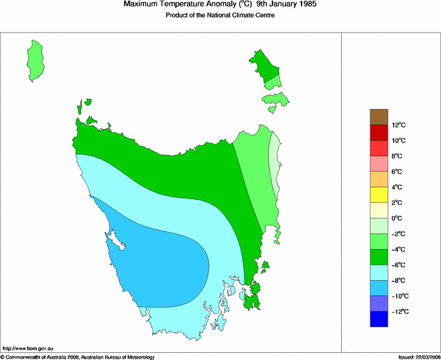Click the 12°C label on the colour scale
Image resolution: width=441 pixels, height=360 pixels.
click(x=398, y=125)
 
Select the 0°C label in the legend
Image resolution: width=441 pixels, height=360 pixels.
click(x=398, y=219)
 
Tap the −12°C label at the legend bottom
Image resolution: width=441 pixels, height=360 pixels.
click(x=398, y=312)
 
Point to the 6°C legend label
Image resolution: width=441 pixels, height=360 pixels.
click(x=398, y=172)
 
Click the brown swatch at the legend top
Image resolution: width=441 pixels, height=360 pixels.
click(x=379, y=117)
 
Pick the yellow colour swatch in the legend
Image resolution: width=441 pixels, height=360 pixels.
click(x=379, y=195)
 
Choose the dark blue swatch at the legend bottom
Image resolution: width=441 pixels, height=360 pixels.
click(x=379, y=319)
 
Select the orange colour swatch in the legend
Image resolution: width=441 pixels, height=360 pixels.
click(x=379, y=179)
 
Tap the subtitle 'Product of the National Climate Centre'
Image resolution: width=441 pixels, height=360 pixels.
click(x=220, y=16)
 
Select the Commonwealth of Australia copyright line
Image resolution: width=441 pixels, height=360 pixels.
click(x=78, y=356)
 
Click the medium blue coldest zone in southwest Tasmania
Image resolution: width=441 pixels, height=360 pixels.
click(x=162, y=256)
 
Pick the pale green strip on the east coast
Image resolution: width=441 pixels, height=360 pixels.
click(x=274, y=165)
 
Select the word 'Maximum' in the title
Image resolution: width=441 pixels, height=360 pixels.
click(x=141, y=5)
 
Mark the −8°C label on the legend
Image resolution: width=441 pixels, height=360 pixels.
click(x=398, y=281)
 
